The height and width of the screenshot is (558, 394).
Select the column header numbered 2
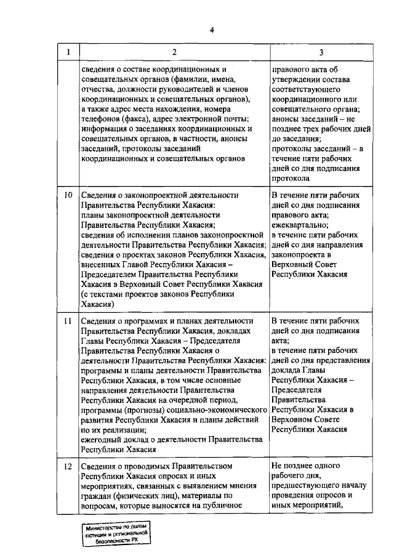[x=174, y=52]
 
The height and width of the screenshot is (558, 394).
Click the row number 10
[x=68, y=195]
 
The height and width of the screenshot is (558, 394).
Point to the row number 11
[x=68, y=321]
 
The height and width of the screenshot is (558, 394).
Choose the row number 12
[x=68, y=466]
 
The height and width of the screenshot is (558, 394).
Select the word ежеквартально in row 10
[x=300, y=225]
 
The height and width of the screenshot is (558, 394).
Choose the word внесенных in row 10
[x=102, y=264]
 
